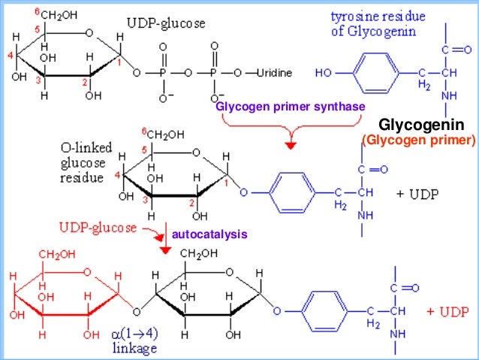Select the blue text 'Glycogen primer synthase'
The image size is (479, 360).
click(290, 107)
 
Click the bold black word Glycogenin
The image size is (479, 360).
click(421, 125)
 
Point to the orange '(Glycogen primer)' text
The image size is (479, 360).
click(419, 140)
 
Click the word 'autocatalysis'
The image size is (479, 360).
click(209, 235)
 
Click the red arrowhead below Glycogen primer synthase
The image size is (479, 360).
click(291, 143)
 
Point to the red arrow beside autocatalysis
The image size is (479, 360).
click(160, 242)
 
